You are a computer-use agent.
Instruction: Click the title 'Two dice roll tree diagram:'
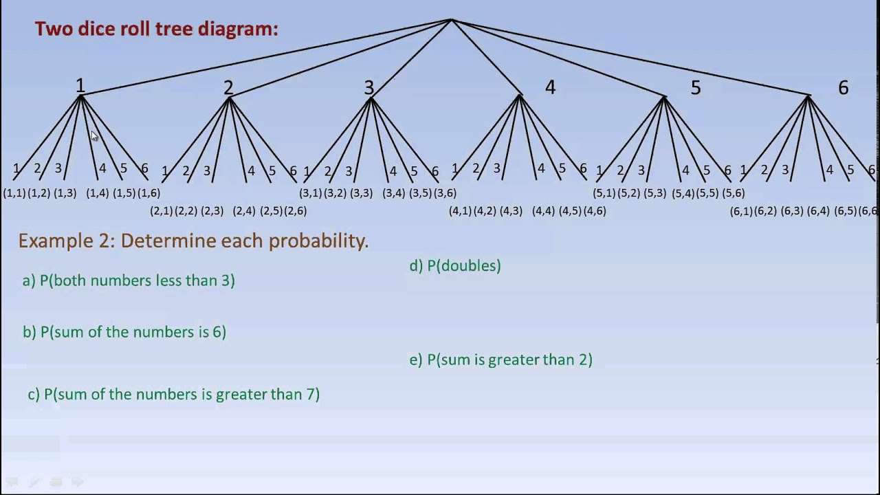pos(156,29)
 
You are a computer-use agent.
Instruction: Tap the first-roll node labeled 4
pos(549,87)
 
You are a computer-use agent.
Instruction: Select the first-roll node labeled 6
pos(843,87)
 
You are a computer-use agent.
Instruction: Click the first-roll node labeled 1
pos(80,86)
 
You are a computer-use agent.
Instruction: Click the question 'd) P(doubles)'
pos(455,266)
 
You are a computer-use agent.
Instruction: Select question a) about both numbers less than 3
pos(129,280)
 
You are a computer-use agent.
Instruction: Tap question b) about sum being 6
pos(124,332)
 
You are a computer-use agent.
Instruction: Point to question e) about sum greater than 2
pos(500,360)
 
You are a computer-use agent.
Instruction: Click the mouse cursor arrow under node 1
pos(94,136)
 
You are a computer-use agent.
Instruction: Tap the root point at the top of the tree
pos(451,20)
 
